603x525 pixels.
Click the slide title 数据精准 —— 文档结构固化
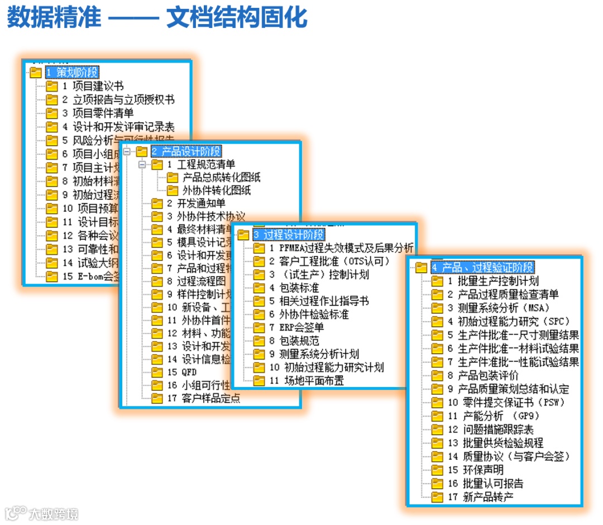click(157, 18)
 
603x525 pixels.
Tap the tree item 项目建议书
click(98, 86)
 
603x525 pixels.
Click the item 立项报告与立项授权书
click(123, 99)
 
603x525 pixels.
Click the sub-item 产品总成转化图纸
click(221, 178)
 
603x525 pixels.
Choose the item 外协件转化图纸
click(217, 190)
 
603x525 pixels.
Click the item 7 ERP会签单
click(296, 327)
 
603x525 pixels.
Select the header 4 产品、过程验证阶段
click(482, 268)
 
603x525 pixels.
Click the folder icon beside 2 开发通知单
click(157, 204)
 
